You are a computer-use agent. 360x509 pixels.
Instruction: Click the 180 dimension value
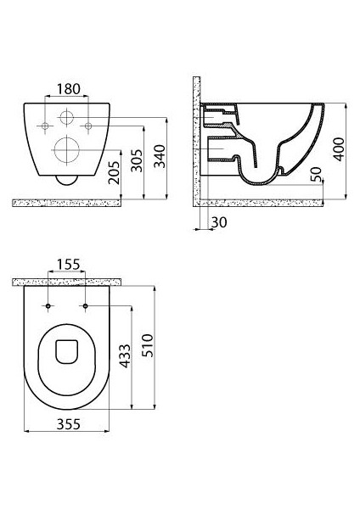pos(68,89)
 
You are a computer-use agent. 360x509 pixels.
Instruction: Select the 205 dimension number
pos(114,173)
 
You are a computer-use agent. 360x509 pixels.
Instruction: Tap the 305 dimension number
pos(137,160)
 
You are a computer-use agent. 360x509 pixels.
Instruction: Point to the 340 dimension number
pos(160,156)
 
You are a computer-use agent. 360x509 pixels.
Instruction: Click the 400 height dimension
pos(339,149)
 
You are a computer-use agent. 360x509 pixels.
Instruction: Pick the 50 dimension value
pos(316,175)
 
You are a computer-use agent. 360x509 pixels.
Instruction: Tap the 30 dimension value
pos(219,222)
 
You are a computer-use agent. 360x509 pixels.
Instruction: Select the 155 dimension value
pos(68,265)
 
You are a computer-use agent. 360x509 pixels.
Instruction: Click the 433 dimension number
pos(125,356)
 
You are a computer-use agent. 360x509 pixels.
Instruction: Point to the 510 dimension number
pos(148,346)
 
